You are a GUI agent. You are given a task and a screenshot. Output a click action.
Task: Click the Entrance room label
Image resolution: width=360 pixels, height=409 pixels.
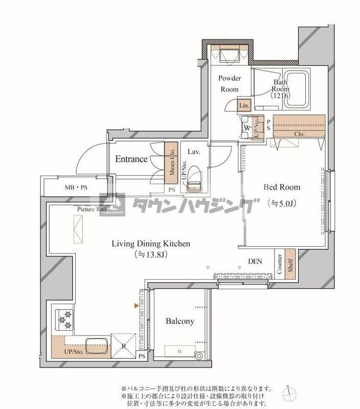(131, 159)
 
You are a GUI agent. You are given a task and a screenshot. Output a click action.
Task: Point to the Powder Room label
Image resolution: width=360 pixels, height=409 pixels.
(230, 83)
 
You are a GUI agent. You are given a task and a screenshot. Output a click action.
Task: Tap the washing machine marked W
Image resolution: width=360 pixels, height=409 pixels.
(247, 127)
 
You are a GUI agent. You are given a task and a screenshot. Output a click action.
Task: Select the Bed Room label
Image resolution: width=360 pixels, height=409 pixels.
(282, 187)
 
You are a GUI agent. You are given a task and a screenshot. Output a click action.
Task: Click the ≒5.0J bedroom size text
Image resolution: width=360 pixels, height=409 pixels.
(282, 203)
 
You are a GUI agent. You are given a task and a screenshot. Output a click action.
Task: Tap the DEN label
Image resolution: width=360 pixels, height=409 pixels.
(255, 261)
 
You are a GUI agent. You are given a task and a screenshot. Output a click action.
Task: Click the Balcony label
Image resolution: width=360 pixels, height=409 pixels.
(179, 321)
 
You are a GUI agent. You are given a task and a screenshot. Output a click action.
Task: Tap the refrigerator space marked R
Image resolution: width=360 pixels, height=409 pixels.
(123, 345)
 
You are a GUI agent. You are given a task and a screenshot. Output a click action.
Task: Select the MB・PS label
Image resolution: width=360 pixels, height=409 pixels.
(76, 187)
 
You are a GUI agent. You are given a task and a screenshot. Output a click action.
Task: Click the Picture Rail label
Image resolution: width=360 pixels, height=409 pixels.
(92, 209)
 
